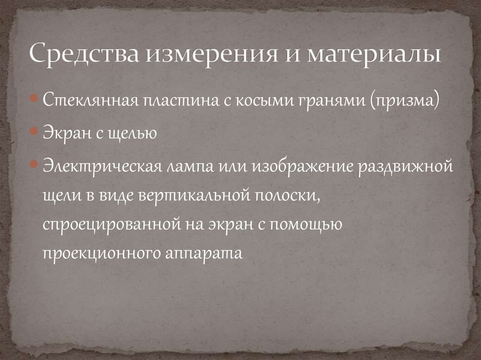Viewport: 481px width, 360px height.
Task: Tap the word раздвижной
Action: pos(407,166)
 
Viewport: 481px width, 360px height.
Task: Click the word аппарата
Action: pos(203,253)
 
